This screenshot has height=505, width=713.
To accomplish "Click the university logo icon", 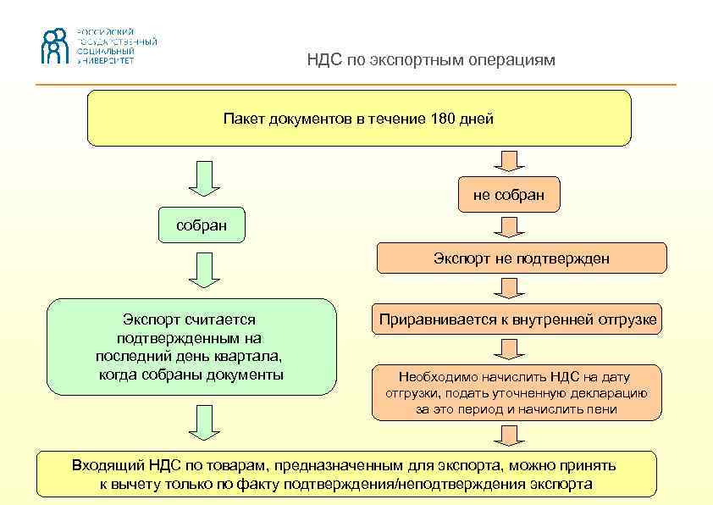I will (56, 47).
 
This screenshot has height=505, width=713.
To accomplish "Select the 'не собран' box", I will (508, 196).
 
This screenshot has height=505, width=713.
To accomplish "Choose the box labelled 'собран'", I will (202, 225).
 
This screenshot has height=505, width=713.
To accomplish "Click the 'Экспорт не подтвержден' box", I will (521, 258).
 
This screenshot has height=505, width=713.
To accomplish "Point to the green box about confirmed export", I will (191, 347).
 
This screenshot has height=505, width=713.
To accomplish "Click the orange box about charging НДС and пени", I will (517, 392).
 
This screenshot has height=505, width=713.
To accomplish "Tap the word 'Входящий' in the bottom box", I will (108, 465).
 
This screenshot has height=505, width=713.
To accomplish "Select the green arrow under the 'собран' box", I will (204, 270).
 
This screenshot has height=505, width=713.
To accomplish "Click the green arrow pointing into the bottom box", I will (204, 422).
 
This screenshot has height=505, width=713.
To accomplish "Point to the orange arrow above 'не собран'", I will (509, 161).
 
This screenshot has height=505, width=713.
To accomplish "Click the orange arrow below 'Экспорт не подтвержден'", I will (509, 288).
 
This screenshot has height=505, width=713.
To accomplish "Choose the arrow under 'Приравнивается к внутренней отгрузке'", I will (509, 349).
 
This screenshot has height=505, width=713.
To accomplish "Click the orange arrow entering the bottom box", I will (509, 434).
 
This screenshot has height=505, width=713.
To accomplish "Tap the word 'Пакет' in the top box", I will (243, 119).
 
